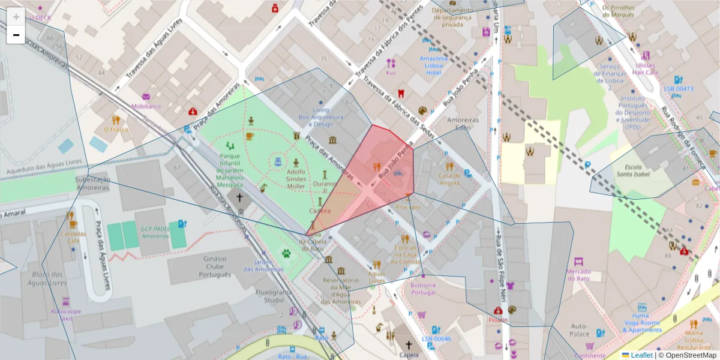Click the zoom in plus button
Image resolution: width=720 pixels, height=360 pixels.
[16, 17]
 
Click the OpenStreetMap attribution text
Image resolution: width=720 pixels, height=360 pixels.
[687, 355]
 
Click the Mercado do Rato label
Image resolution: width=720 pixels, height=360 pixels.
[578, 275]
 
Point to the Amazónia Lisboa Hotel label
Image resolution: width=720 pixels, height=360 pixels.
[433, 65]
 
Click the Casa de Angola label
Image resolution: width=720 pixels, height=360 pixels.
[449, 179]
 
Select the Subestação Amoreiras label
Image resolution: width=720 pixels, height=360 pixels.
[92, 183]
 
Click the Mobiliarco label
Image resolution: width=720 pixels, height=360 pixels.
[146, 106]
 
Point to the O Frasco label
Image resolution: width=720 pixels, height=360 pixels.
[116, 129]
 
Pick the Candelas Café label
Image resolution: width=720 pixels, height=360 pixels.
[73, 237]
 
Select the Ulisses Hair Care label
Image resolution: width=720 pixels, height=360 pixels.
[646, 68]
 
